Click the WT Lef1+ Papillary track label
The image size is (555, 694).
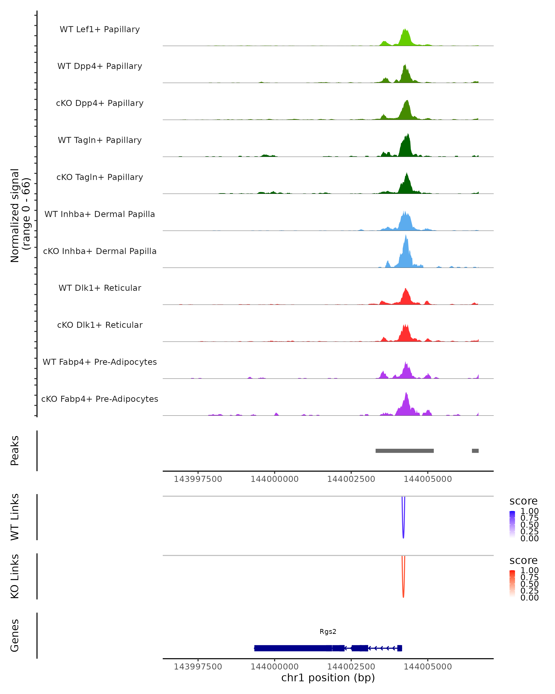(100, 29)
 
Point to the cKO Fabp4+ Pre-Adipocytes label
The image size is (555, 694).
(100, 399)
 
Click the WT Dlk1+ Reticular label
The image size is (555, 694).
(100, 288)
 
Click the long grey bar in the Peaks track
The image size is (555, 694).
(404, 451)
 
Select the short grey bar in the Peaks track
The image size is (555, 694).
(475, 451)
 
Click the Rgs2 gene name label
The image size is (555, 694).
(328, 632)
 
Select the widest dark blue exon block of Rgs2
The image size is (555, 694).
(293, 648)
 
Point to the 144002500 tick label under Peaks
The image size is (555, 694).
(351, 479)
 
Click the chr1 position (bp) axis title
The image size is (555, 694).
(328, 678)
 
